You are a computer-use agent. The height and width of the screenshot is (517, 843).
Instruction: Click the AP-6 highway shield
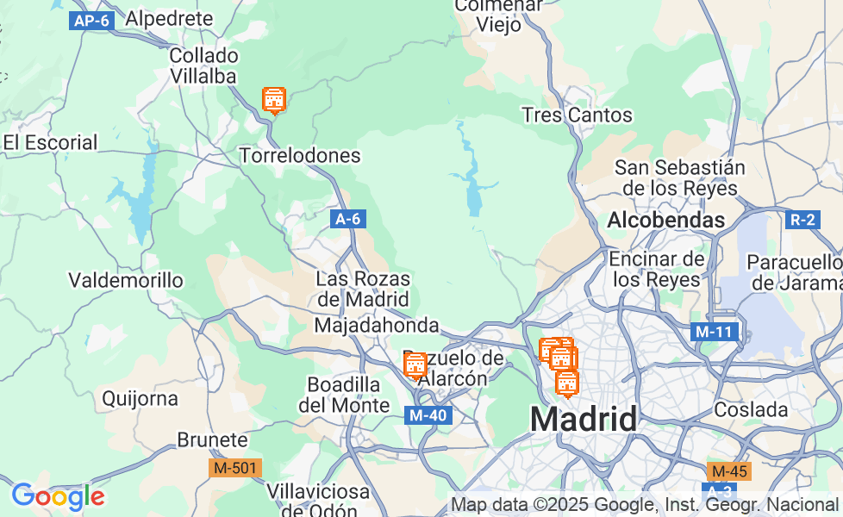[x=91, y=21]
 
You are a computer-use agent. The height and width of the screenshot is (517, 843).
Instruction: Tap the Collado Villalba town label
[x=203, y=66]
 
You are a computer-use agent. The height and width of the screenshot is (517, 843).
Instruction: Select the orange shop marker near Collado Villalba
[x=274, y=100]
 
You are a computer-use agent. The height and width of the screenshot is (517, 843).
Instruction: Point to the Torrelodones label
[x=299, y=156]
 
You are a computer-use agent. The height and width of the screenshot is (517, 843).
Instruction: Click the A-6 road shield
[x=347, y=219]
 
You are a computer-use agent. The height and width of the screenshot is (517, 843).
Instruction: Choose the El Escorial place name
[x=50, y=143]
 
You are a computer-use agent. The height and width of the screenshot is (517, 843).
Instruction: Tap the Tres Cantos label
[x=577, y=115]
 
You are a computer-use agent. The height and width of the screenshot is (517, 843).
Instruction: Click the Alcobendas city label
[x=666, y=221]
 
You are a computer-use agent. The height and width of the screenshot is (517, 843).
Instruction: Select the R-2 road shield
[x=802, y=219]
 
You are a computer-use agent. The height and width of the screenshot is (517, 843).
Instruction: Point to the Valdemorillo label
[x=126, y=280]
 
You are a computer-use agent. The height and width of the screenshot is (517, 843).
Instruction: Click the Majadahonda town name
[x=377, y=326]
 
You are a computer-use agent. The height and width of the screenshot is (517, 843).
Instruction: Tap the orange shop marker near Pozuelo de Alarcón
[x=415, y=364]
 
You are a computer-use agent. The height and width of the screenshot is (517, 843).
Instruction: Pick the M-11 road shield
[x=715, y=331]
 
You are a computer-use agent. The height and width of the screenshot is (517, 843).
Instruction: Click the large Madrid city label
[x=584, y=420]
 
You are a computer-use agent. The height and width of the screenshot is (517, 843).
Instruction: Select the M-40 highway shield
[x=428, y=415]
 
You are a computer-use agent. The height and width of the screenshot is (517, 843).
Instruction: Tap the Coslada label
[x=752, y=409]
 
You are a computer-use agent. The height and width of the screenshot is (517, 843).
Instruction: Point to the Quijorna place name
[x=140, y=399]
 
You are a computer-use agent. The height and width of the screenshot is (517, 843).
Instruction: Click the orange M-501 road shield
[x=235, y=468]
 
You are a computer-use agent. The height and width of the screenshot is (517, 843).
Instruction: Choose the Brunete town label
[x=212, y=440]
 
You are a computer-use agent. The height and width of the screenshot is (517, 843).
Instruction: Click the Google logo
[x=58, y=496]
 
